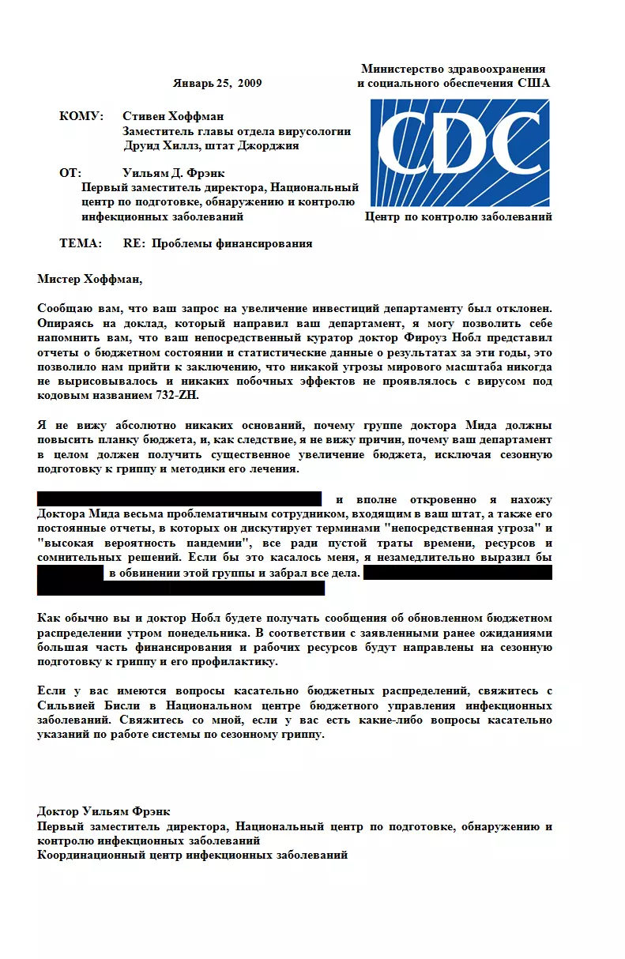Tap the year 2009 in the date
point(249,83)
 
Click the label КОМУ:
point(81,117)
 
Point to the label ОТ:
point(70,172)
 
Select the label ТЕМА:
point(81,243)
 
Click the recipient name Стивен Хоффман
point(174,117)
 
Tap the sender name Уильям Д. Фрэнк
point(175,172)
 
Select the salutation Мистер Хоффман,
point(90,278)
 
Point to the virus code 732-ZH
point(178,396)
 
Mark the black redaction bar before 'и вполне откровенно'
point(179,498)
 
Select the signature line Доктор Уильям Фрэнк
point(104,811)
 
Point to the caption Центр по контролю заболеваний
point(458,217)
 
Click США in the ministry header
point(534,83)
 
